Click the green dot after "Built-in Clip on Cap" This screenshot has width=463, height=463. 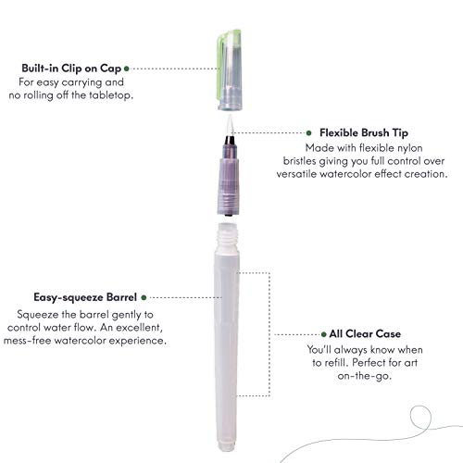126,68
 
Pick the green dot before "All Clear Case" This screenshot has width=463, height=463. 321,333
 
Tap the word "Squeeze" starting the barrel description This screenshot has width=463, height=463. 40,314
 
